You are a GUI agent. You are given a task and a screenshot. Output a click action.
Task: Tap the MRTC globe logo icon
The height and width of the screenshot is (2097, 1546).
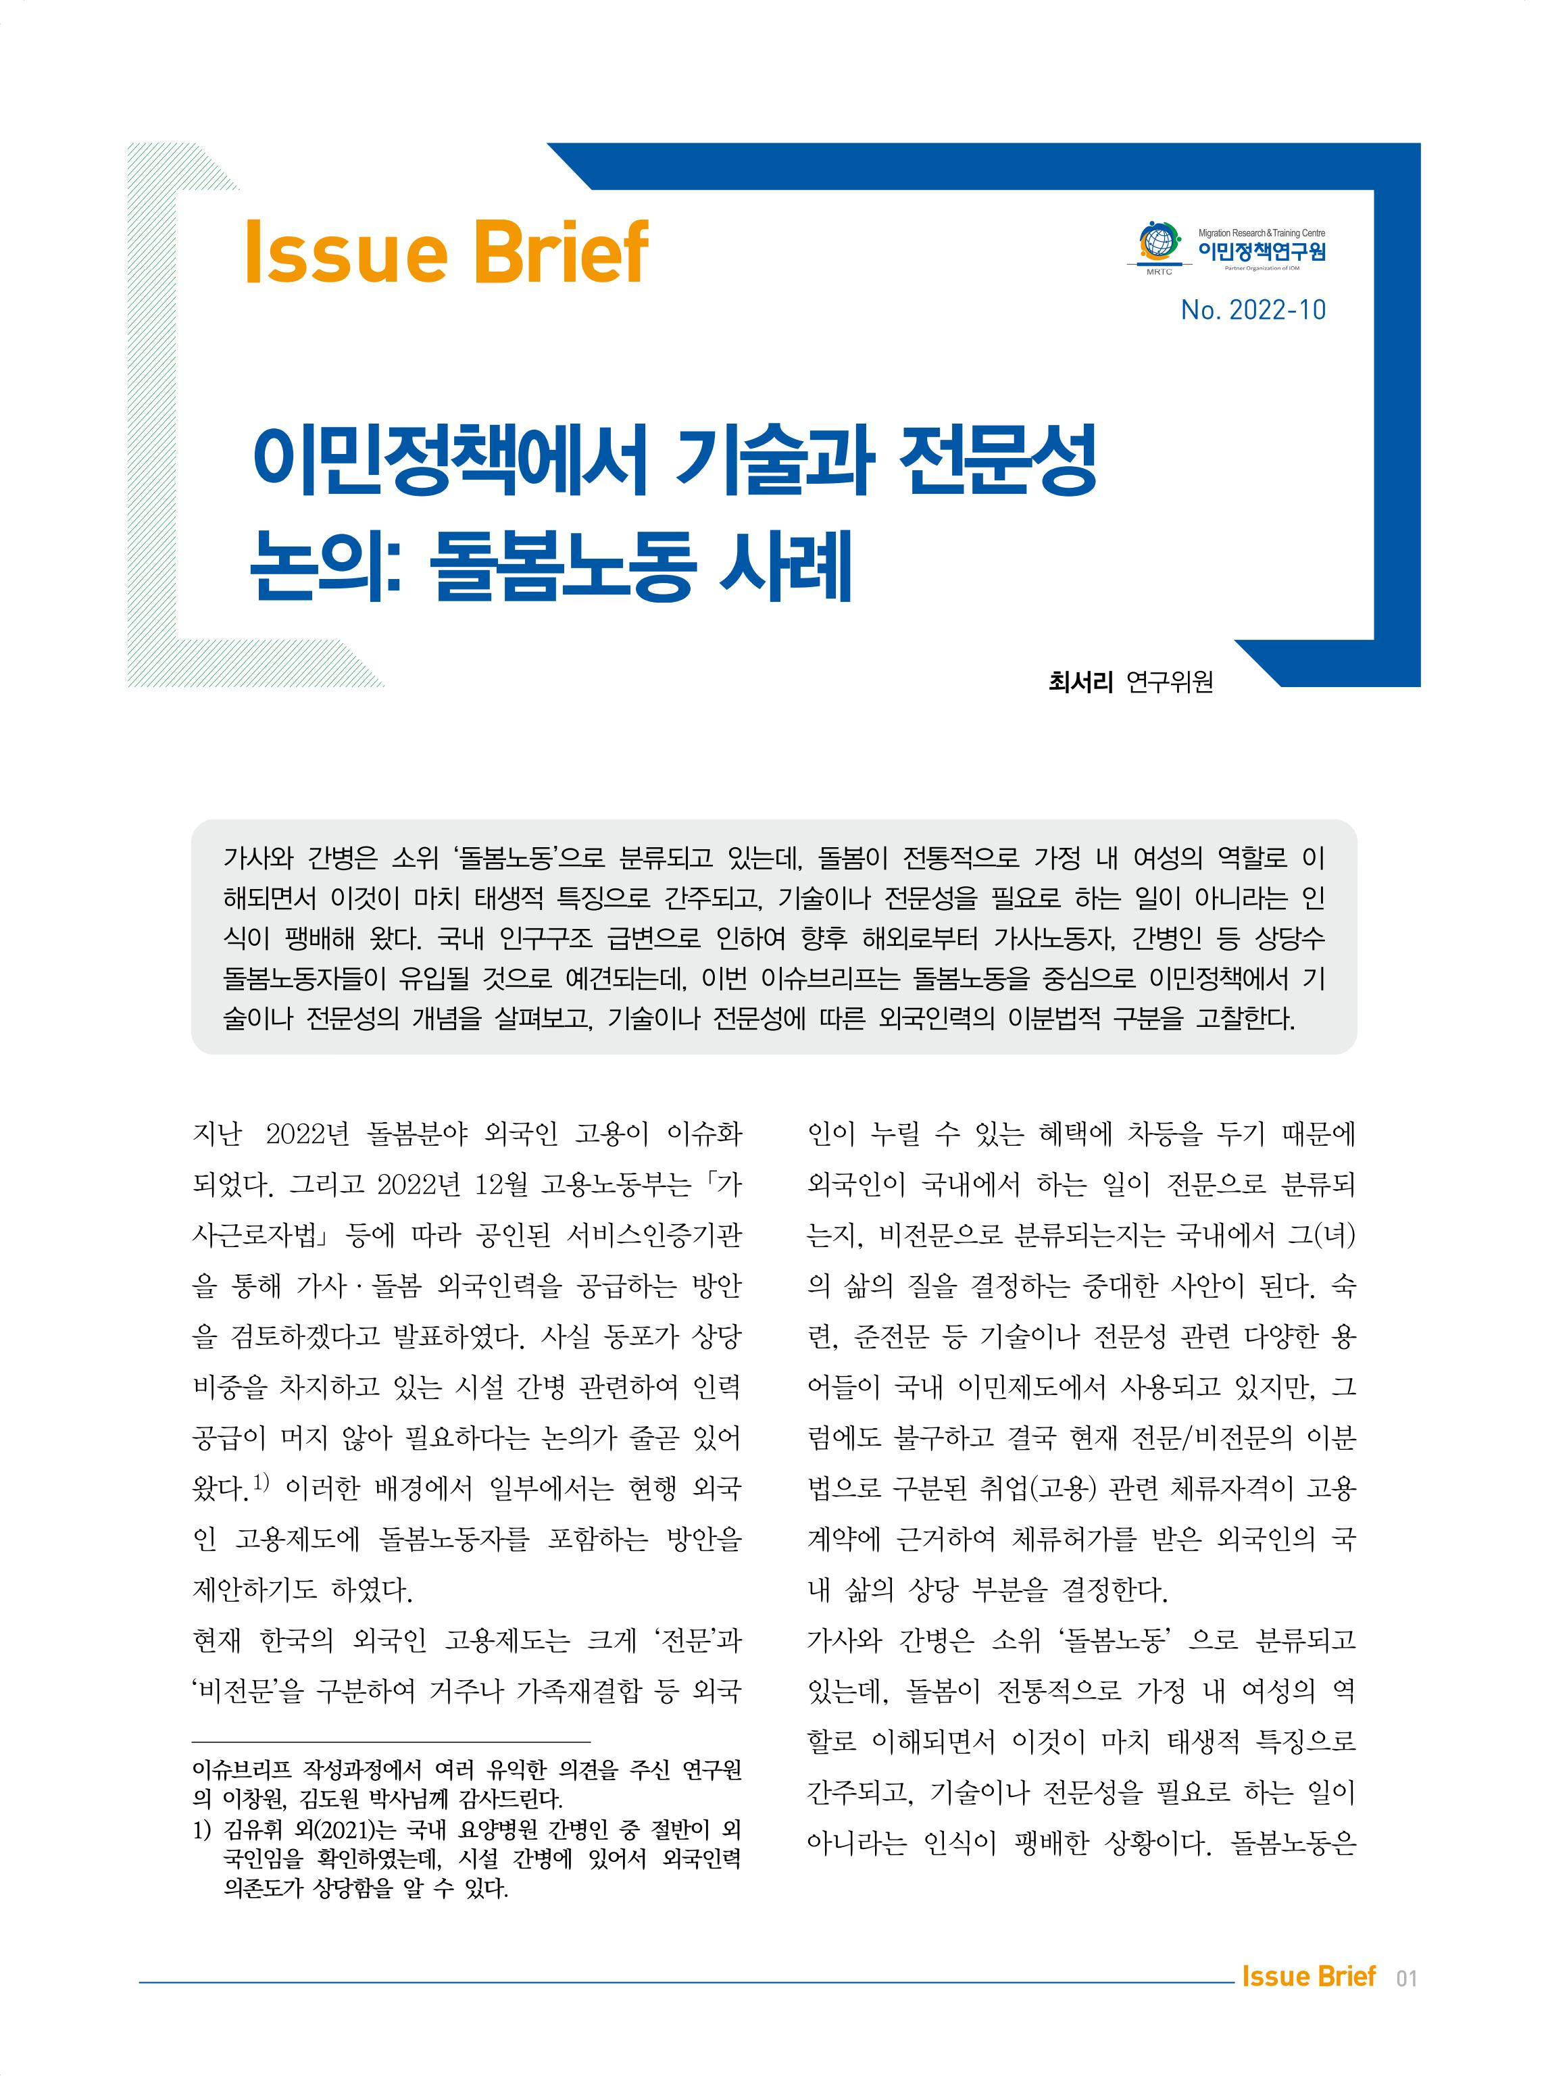[x=1157, y=243]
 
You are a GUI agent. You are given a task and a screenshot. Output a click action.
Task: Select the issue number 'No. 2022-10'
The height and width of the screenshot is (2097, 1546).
[x=1252, y=309]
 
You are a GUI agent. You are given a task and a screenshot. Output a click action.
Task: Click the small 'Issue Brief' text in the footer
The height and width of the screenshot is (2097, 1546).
[x=1307, y=1976]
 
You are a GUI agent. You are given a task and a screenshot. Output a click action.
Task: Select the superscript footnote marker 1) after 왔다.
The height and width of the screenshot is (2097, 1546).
[x=261, y=1482]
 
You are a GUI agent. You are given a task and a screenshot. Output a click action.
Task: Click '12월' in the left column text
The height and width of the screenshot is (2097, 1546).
[x=503, y=1186]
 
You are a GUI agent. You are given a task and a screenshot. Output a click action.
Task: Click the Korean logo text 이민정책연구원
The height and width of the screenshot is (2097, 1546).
[x=1261, y=251]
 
